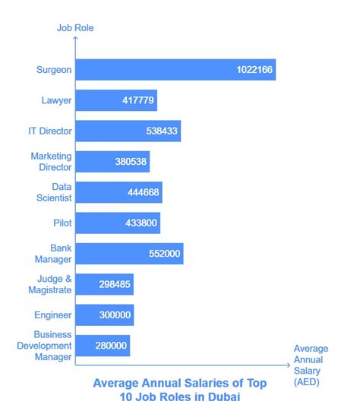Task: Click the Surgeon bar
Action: [x=175, y=70]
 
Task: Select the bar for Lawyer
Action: [x=115, y=100]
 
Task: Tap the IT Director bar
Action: [x=128, y=131]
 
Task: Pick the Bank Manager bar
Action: [x=129, y=253]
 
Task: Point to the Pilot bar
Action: [x=117, y=223]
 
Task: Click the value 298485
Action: [x=114, y=284]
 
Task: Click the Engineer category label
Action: [x=54, y=314]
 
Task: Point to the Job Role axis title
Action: [x=75, y=29]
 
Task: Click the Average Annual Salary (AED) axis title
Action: [x=311, y=365]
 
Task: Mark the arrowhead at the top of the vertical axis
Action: [x=75, y=42]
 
